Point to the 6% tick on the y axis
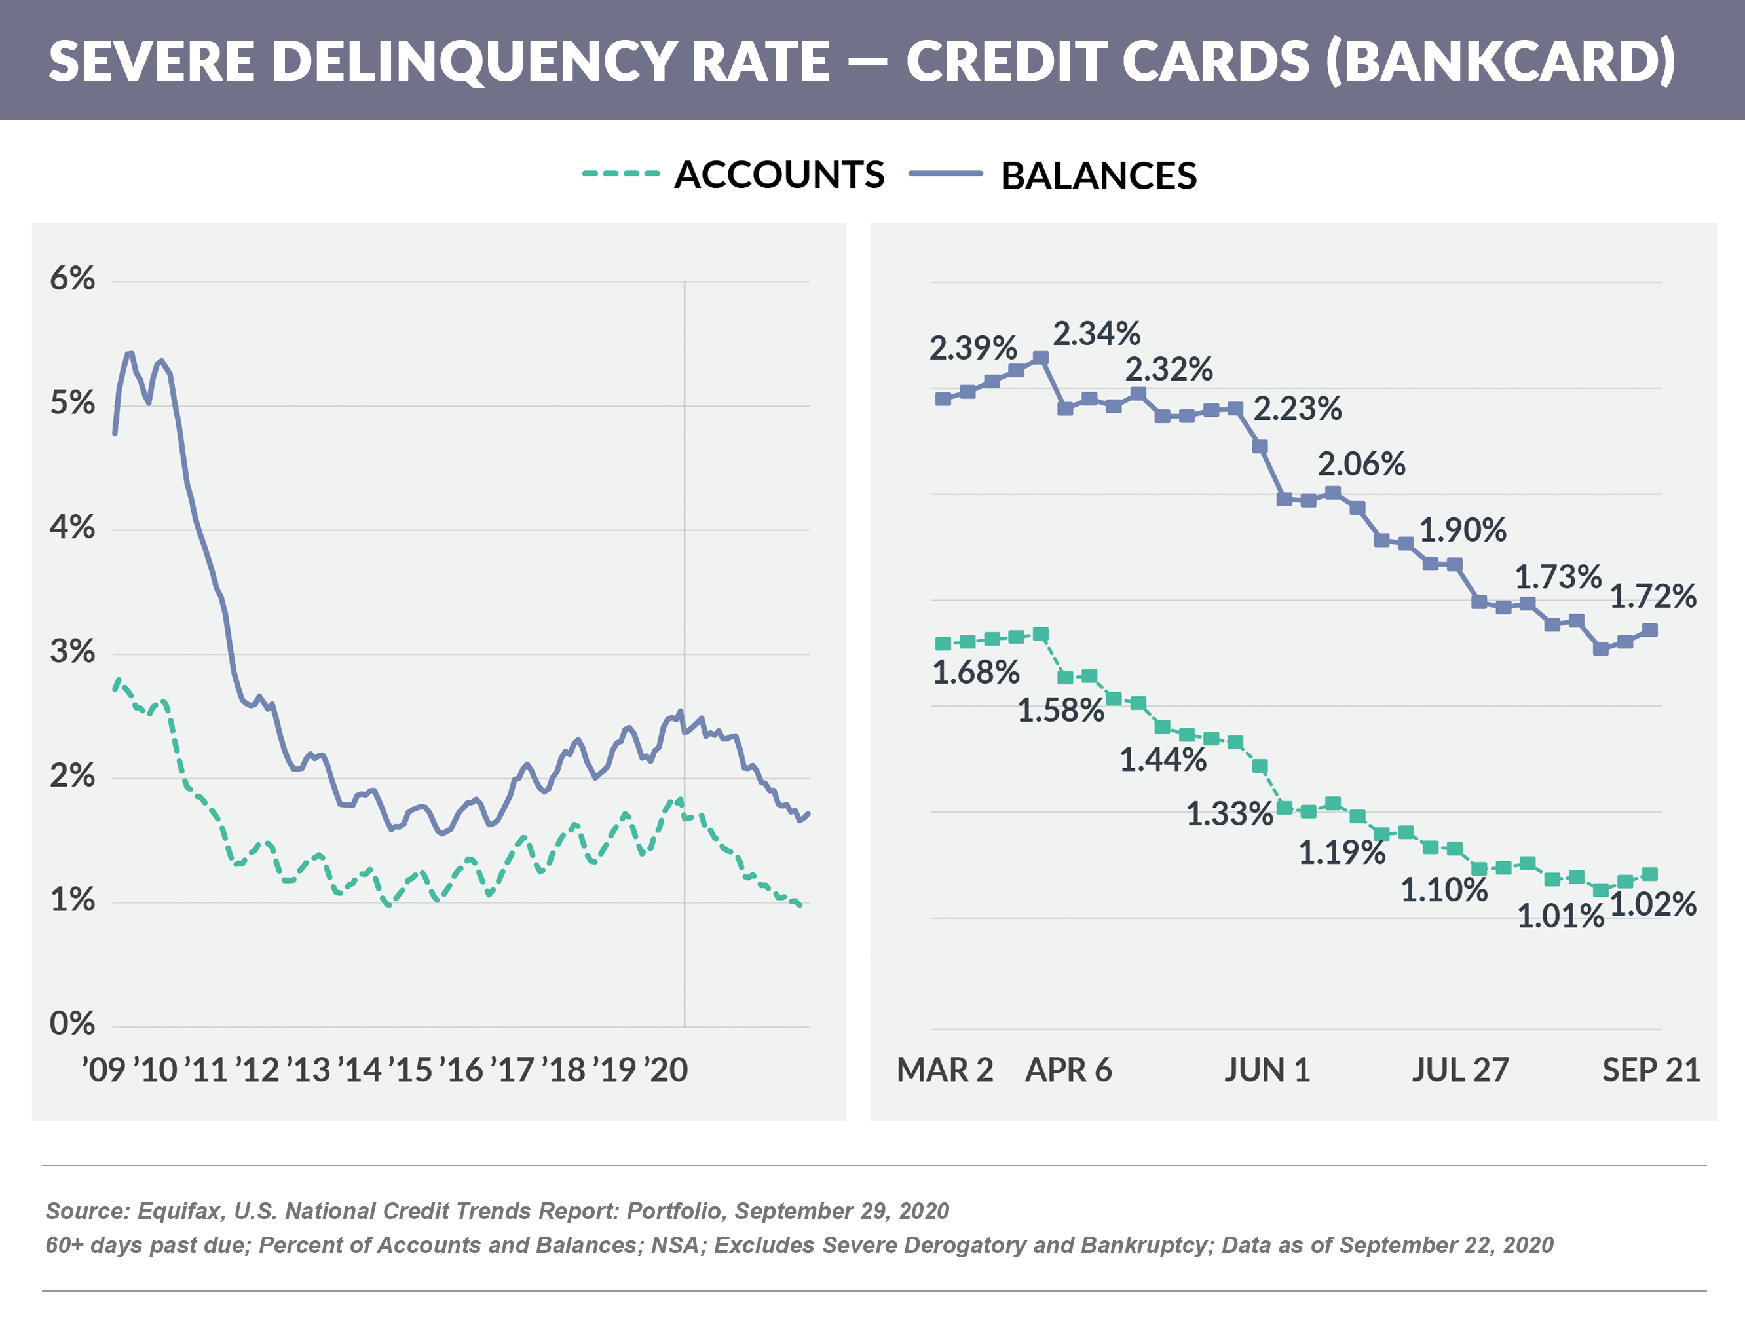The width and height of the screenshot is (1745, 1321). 72,279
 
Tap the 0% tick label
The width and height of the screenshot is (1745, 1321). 72,1024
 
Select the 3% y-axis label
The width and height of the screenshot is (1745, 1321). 72,652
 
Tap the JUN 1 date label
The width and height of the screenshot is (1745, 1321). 1267,1070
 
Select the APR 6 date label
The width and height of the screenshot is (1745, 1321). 1068,1070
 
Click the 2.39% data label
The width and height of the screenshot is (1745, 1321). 973,348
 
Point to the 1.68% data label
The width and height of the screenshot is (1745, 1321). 976,673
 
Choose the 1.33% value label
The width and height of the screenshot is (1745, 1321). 1229,814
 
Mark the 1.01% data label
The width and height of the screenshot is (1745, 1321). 1560,916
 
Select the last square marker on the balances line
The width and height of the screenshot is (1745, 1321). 1649,630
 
